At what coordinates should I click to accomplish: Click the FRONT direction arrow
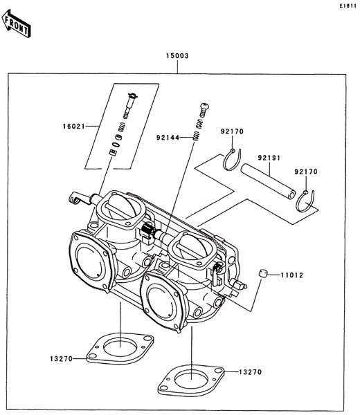pyautogui.click(x=16, y=24)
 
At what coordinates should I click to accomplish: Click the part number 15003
pyautogui.click(x=177, y=56)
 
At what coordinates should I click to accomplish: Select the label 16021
pyautogui.click(x=74, y=127)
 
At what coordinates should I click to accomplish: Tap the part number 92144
pyautogui.click(x=168, y=138)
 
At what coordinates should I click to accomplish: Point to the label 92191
pyautogui.click(x=269, y=158)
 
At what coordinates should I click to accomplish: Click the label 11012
pyautogui.click(x=291, y=275)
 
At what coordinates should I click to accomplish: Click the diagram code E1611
pyautogui.click(x=348, y=6)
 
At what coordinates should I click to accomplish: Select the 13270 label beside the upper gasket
pyautogui.click(x=61, y=359)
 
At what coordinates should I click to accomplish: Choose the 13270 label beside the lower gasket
pyautogui.click(x=250, y=372)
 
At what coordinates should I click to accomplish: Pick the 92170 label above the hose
pyautogui.click(x=232, y=131)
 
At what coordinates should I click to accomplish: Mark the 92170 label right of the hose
pyautogui.click(x=306, y=172)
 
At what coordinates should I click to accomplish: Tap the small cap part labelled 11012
pyautogui.click(x=263, y=273)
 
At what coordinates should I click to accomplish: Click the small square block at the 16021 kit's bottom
pyautogui.click(x=113, y=153)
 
